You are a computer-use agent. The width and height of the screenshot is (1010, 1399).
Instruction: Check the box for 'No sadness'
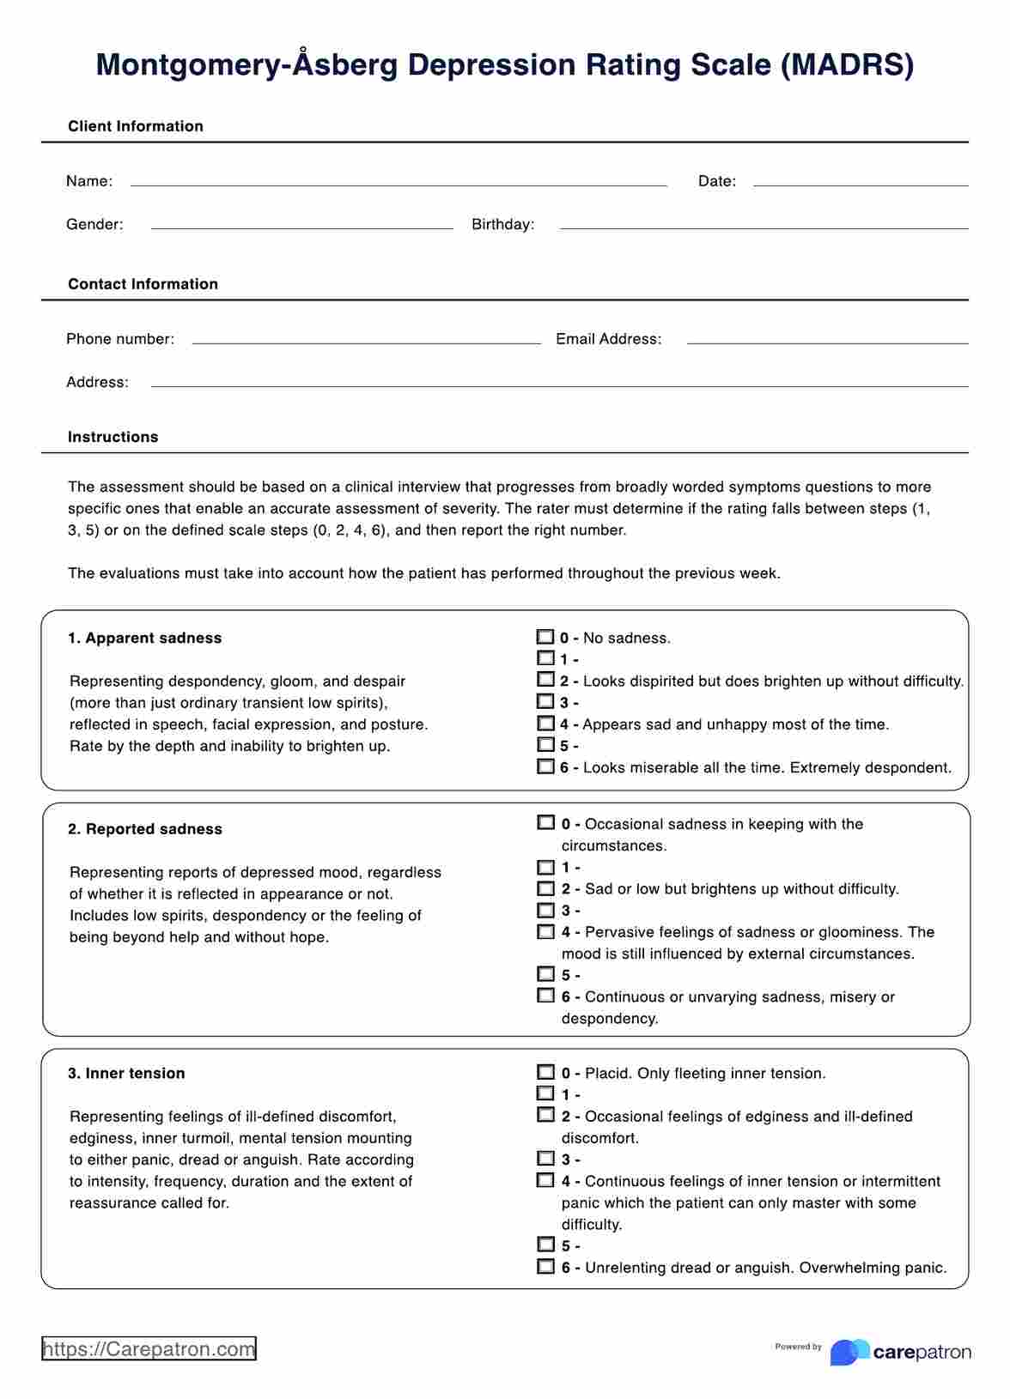tap(545, 637)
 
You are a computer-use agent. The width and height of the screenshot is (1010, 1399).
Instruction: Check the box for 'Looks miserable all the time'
tap(545, 766)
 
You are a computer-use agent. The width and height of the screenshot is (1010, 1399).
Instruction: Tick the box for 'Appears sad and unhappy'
tap(545, 724)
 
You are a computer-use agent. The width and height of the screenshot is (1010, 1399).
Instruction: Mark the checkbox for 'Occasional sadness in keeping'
tap(545, 822)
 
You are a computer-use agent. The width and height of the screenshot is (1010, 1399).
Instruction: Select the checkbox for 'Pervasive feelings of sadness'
tap(545, 931)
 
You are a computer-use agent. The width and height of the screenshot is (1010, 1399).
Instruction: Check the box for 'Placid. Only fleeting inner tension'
tap(545, 1072)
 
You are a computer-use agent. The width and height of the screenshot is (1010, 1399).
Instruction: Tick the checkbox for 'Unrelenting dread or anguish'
tap(545, 1266)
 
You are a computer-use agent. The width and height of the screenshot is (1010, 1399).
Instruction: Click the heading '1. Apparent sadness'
tap(144, 639)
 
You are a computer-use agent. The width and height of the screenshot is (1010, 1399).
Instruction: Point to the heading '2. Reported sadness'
tap(145, 829)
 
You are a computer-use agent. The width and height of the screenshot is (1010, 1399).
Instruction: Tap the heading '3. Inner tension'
tap(126, 1074)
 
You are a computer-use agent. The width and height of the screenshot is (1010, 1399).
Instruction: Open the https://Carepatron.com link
tap(149, 1349)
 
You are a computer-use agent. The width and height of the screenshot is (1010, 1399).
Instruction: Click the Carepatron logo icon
tap(849, 1352)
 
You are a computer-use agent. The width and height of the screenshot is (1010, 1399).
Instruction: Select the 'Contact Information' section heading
tap(143, 284)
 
